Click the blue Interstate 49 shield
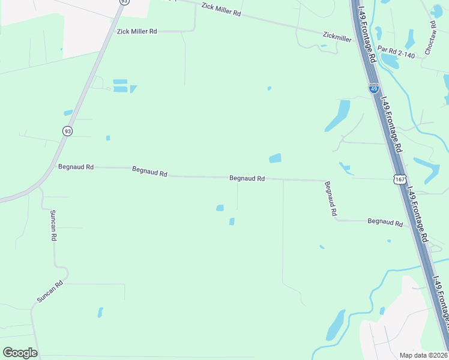(x=373, y=89)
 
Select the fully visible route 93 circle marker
(x=67, y=130)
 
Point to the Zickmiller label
(x=337, y=38)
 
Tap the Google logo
(x=20, y=353)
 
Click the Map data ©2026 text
(x=423, y=355)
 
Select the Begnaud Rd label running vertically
(x=331, y=199)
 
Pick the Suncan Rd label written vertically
(x=53, y=226)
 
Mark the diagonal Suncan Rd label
(x=50, y=292)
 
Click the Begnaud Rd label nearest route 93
(x=76, y=167)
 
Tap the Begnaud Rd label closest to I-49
(x=385, y=222)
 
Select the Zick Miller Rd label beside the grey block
(x=137, y=31)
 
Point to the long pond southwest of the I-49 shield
(x=337, y=116)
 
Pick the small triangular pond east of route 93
(x=133, y=89)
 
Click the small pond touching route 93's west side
(x=68, y=113)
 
